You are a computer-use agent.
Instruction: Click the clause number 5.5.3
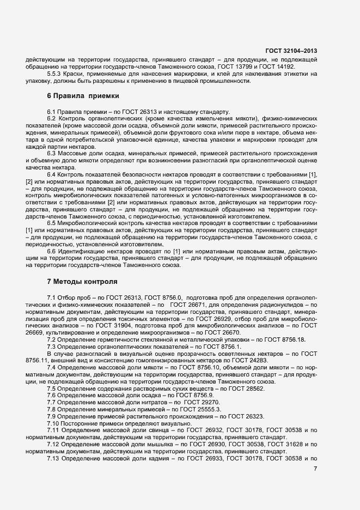click(x=55, y=74)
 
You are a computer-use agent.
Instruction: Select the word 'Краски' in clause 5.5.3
click(x=77, y=74)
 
